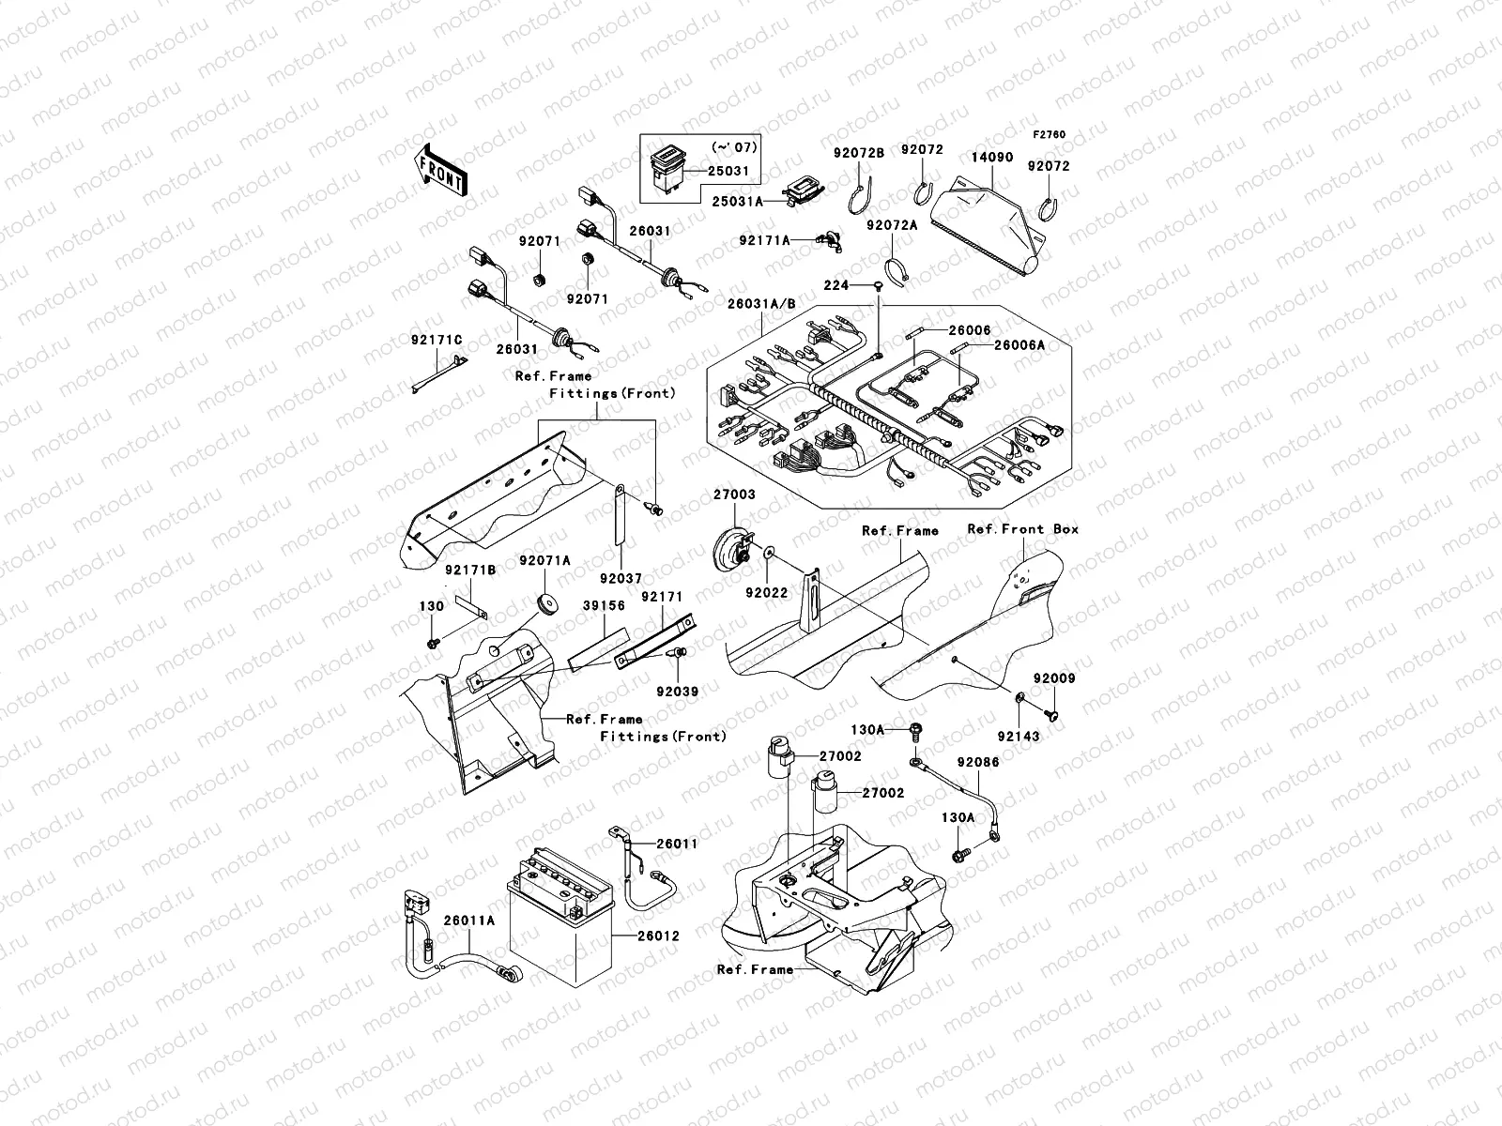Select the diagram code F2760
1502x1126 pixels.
pos(1050,135)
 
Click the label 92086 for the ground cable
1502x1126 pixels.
pos(978,763)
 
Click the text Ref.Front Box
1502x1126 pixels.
pos(1022,529)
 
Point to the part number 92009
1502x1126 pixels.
pos(1054,678)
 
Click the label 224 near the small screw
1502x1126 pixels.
pos(835,285)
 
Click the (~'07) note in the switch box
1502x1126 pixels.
pos(733,148)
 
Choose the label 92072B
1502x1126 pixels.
pos(859,152)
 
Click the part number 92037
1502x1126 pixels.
pos(621,579)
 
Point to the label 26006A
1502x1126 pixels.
pos(1019,345)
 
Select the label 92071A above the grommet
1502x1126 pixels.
pos(544,561)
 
